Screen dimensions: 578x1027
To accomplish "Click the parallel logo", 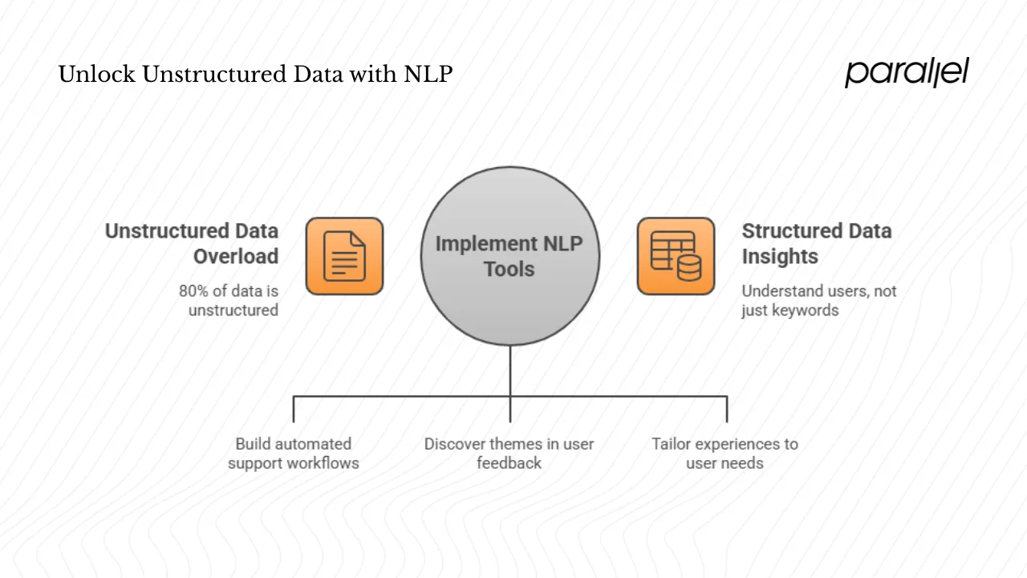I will (907, 72).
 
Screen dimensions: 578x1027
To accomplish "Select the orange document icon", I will (344, 256).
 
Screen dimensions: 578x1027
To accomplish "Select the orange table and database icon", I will (676, 256).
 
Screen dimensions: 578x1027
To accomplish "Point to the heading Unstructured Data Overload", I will (193, 243).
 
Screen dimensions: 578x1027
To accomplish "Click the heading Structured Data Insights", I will (816, 243).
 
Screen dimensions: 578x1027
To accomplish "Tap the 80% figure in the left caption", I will (195, 291).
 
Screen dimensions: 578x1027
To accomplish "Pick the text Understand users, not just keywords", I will (818, 300).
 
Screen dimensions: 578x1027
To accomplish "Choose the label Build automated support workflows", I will (293, 454).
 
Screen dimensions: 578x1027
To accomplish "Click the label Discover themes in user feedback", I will (509, 454).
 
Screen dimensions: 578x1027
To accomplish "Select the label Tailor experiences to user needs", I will (725, 454).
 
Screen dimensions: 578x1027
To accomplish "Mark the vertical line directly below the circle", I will (510, 371).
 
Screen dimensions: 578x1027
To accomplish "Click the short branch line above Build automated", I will (294, 409).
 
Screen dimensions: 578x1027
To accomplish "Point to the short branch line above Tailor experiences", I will (727, 409).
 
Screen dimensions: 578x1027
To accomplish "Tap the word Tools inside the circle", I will (509, 269).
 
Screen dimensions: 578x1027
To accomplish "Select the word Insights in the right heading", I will (779, 257).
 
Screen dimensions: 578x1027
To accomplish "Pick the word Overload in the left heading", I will (236, 257).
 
